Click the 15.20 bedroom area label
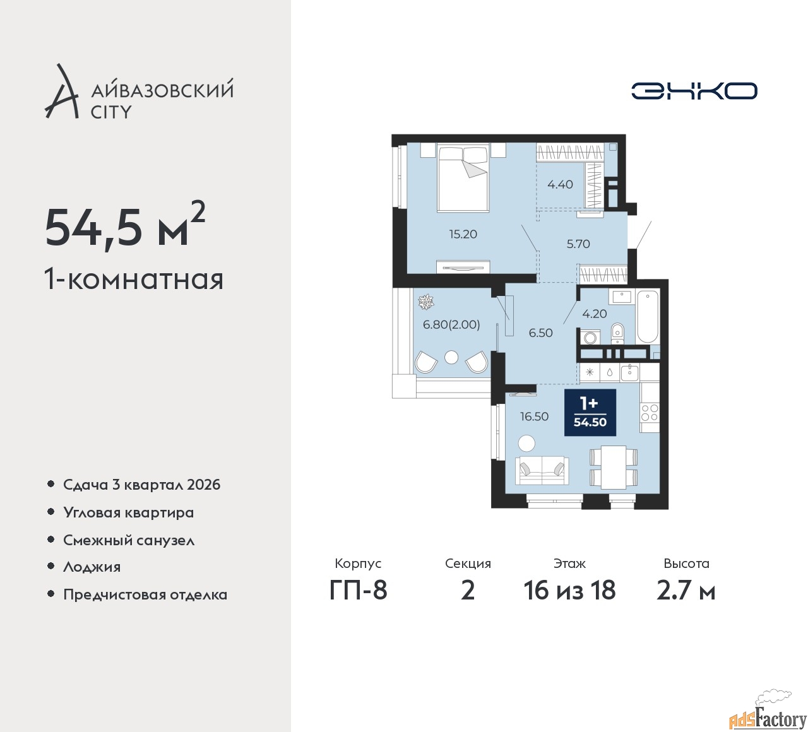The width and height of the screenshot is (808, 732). pos(463,234)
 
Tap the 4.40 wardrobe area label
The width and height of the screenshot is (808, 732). pos(560,184)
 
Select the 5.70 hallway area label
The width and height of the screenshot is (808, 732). pos(578,244)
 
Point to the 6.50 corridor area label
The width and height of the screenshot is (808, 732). pos(540,333)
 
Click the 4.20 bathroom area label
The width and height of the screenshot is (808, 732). pos(594,314)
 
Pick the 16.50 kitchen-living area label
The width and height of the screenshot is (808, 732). pos(534,416)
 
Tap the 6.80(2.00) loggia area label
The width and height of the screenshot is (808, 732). pos(451,324)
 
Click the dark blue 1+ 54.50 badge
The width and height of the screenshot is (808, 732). pos(590,412)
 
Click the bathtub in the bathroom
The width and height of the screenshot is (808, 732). pos(648,317)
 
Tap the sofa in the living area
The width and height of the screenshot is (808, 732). pos(542,471)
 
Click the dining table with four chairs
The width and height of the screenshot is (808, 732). pos(614,467)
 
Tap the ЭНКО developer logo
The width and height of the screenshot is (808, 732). pos(694,91)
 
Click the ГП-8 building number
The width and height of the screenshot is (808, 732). pos(358,590)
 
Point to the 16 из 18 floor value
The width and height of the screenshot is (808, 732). pos(569,590)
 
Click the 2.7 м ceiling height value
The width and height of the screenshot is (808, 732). pos(686,590)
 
